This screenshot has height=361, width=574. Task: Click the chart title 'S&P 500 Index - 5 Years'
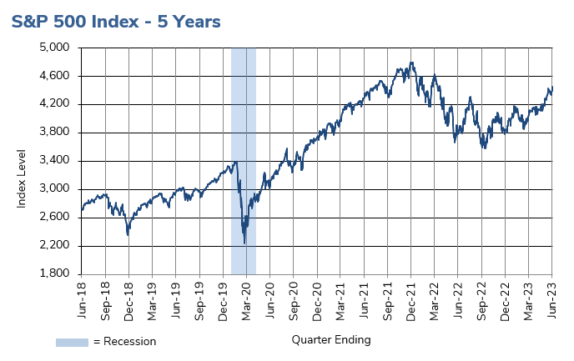116,22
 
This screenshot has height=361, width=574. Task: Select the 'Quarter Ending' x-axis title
331,340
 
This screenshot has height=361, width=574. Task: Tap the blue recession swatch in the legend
72,342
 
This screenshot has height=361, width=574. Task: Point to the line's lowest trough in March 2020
244,243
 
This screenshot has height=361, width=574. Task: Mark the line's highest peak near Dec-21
412,62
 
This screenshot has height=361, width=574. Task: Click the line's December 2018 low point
128,235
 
